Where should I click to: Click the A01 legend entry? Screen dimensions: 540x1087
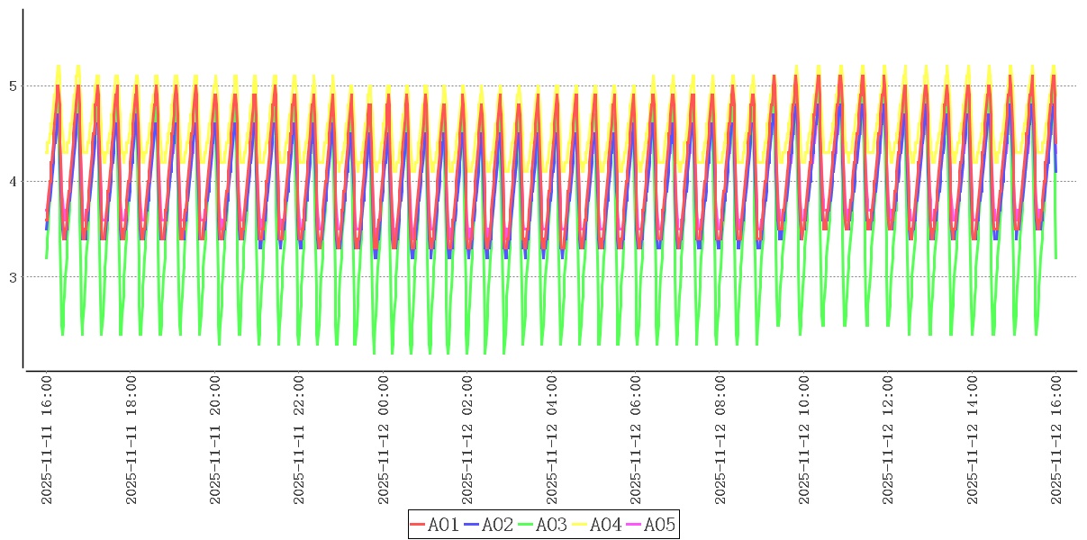[x=435, y=525]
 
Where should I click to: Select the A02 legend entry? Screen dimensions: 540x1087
[x=489, y=525]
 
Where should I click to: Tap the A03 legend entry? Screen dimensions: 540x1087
[x=543, y=525]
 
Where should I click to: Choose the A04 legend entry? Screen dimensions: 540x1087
[x=597, y=525]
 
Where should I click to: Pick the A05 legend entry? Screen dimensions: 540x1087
[x=651, y=525]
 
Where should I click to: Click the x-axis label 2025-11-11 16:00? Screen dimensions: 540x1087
[x=47, y=440]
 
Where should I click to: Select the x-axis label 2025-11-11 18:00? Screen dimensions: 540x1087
[x=131, y=440]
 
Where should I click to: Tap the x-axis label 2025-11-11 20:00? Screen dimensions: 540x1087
[x=215, y=440]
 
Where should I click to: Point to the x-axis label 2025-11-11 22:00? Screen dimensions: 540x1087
[x=300, y=440]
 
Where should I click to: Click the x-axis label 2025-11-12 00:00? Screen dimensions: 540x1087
[x=384, y=440]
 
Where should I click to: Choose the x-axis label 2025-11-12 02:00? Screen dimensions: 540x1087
[x=468, y=440]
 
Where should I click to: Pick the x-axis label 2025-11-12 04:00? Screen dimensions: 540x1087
[x=552, y=440]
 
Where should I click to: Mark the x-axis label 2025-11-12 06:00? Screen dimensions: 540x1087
[x=637, y=440]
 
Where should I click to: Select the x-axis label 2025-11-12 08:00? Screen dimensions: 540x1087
[x=720, y=440]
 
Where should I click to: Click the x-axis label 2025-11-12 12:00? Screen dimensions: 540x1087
[x=889, y=440]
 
